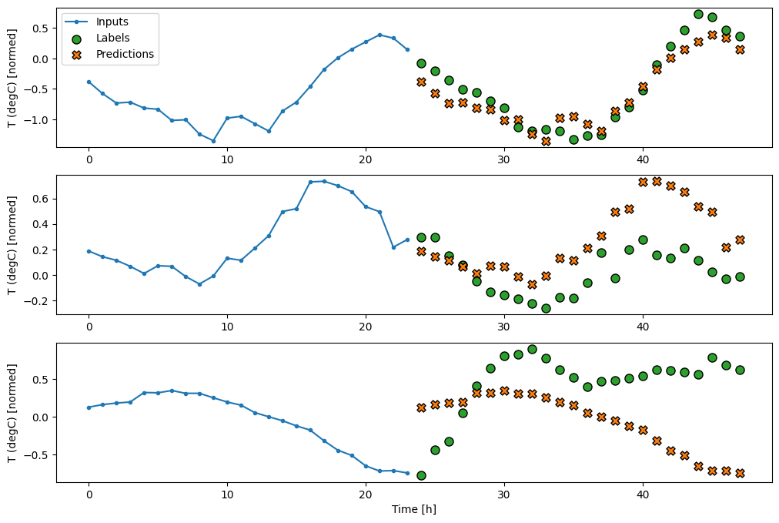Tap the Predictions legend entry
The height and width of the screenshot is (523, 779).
[x=125, y=54]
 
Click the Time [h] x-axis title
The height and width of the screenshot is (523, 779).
[x=414, y=509]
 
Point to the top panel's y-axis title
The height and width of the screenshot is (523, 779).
[x=12, y=77]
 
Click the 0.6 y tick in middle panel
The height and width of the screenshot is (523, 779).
[x=41, y=199]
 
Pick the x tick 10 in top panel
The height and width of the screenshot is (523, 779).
[x=227, y=159]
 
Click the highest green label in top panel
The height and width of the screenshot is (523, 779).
[x=698, y=14]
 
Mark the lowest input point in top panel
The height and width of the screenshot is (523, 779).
[x=213, y=141]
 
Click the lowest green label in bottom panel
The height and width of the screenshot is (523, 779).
[x=421, y=475]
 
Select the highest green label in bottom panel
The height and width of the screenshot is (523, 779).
[x=532, y=349]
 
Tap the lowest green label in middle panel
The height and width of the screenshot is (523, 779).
[x=546, y=308]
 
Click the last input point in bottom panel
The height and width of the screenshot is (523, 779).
[x=407, y=473]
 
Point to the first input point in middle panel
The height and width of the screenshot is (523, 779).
[x=89, y=251]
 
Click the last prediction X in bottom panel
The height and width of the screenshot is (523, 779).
[x=740, y=473]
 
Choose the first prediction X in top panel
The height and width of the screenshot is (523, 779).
[x=421, y=82]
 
